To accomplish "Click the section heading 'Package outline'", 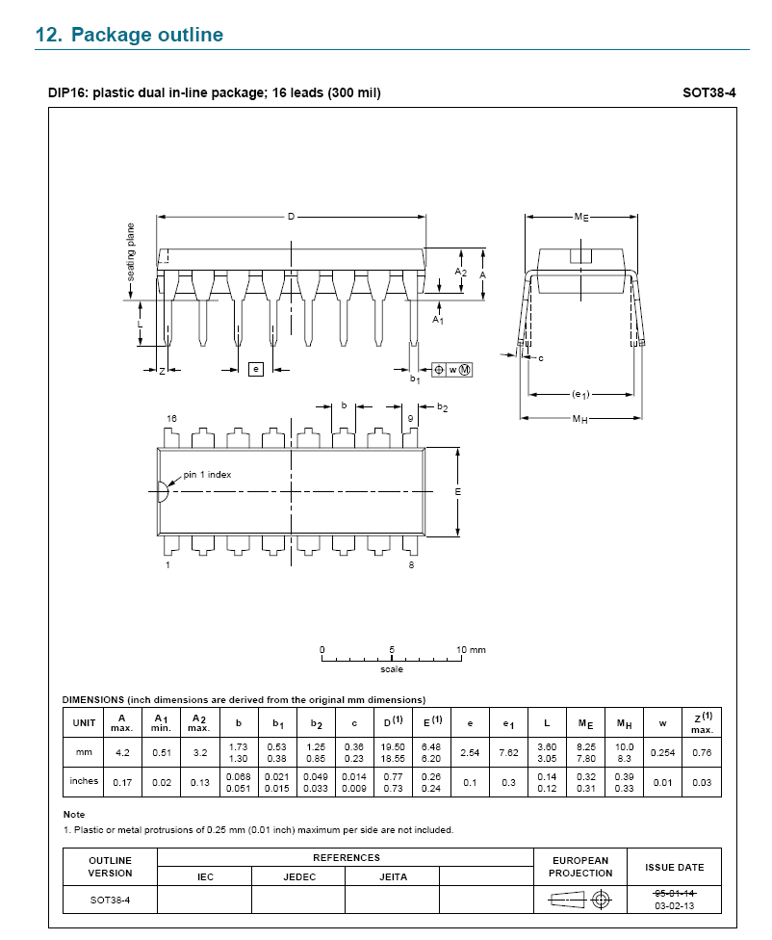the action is pyautogui.click(x=147, y=35).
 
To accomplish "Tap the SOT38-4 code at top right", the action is pyautogui.click(x=709, y=92).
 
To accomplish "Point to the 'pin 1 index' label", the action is pyautogui.click(x=207, y=474).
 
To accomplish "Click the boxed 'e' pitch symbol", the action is pyautogui.click(x=256, y=369).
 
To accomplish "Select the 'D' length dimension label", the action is pyautogui.click(x=292, y=217).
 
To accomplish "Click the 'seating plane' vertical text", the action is pyautogui.click(x=131, y=251).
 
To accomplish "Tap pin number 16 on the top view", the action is pyautogui.click(x=171, y=418).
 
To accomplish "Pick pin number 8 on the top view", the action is pyautogui.click(x=411, y=564).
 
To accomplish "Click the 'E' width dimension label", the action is pyautogui.click(x=458, y=491).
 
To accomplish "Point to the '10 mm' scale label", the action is pyautogui.click(x=471, y=650).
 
